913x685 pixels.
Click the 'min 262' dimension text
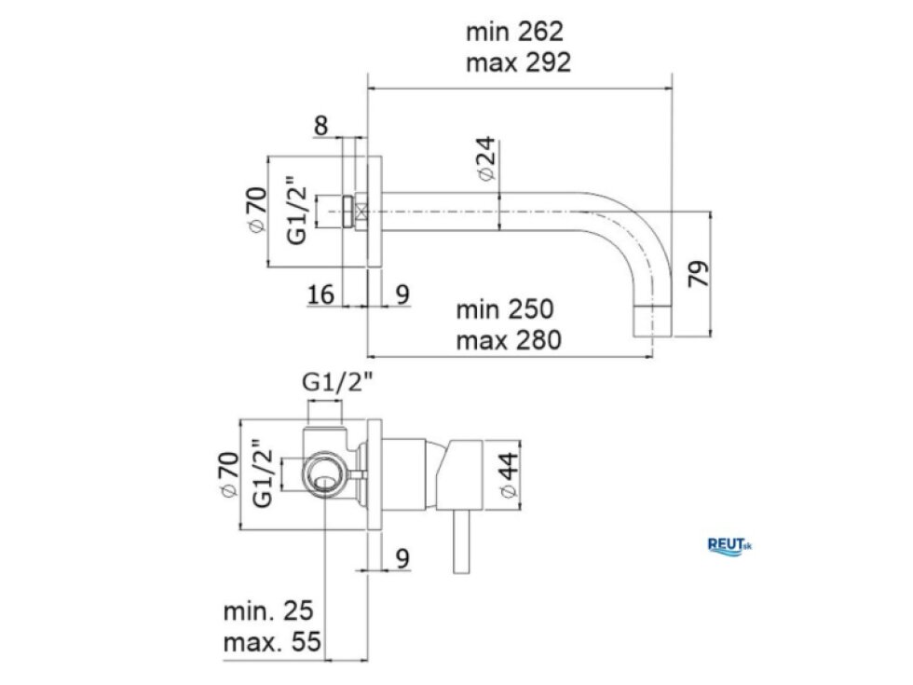point(514,32)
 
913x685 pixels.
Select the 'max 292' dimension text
point(518,62)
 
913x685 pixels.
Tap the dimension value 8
point(320,125)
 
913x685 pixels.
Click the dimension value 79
point(699,273)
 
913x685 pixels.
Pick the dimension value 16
point(320,295)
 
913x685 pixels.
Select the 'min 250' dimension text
point(505,309)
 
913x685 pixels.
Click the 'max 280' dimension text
point(509,340)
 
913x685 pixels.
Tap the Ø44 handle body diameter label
point(509,475)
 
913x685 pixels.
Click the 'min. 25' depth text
point(268,611)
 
